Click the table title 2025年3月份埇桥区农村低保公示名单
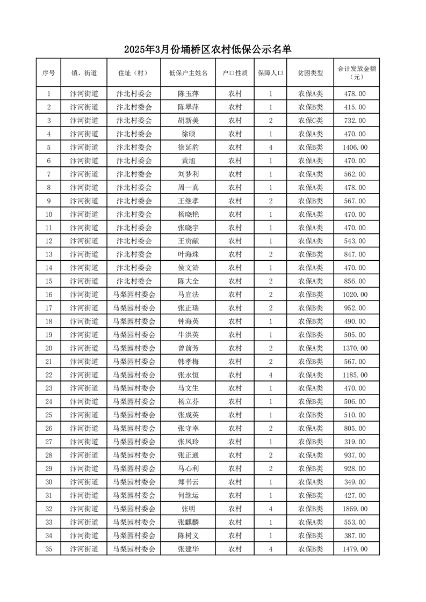(207, 50)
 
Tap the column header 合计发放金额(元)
(356, 72)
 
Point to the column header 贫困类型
(310, 72)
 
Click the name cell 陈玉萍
(188, 94)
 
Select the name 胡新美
(188, 121)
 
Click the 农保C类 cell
(310, 121)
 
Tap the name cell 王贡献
(188, 241)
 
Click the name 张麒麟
(188, 522)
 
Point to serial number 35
(49, 549)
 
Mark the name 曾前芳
(188, 348)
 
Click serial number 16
(49, 295)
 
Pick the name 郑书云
(188, 482)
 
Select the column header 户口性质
(235, 72)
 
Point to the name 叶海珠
(188, 254)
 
